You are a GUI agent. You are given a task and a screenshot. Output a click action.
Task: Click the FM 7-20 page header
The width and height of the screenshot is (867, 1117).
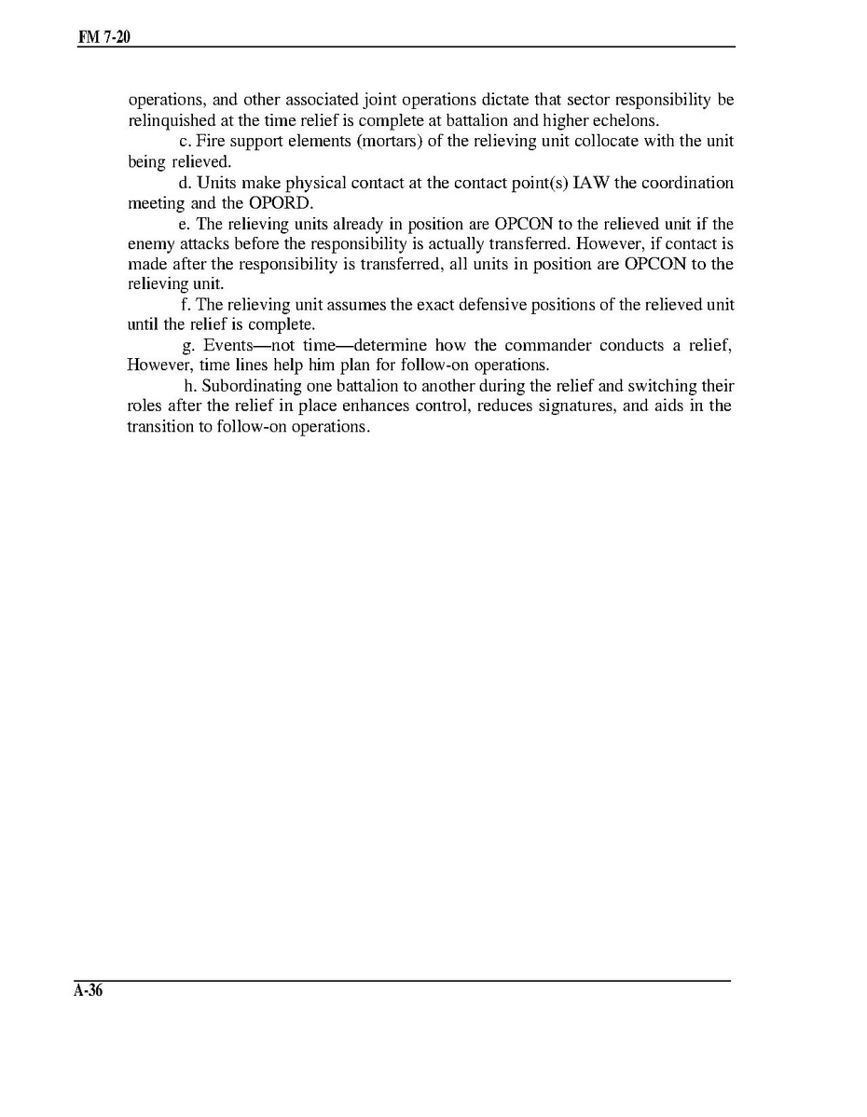coord(102,37)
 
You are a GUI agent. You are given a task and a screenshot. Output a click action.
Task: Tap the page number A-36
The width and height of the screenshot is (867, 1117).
coord(89,991)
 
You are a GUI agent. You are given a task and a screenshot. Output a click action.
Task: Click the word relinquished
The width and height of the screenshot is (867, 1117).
coord(172,120)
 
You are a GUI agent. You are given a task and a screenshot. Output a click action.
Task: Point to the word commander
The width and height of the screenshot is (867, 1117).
coord(549,345)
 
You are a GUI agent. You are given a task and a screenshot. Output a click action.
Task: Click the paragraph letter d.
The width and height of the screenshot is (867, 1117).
coord(184,183)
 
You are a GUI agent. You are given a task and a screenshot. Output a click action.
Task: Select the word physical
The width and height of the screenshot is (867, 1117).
coord(311,183)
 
